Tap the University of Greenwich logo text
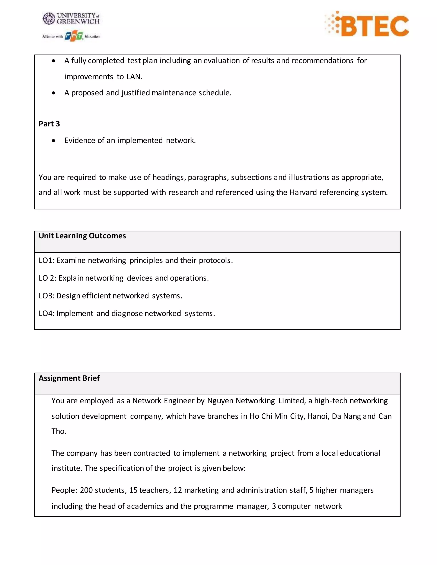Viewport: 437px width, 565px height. click(78, 18)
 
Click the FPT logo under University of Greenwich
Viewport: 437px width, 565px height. click(74, 36)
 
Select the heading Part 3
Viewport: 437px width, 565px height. click(49, 124)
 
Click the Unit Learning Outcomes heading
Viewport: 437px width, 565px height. click(82, 236)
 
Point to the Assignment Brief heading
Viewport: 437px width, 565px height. click(69, 378)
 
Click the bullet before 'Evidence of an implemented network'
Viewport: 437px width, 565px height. click(54, 141)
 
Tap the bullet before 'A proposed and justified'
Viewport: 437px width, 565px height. click(54, 93)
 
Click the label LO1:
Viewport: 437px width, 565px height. click(46, 261)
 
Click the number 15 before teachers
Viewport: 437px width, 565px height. click(133, 490)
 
